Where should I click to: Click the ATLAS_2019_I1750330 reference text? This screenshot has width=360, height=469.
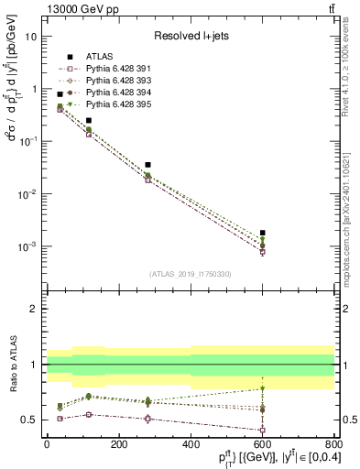click(x=190, y=274)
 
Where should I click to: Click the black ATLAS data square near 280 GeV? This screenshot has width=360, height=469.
click(x=147, y=165)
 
